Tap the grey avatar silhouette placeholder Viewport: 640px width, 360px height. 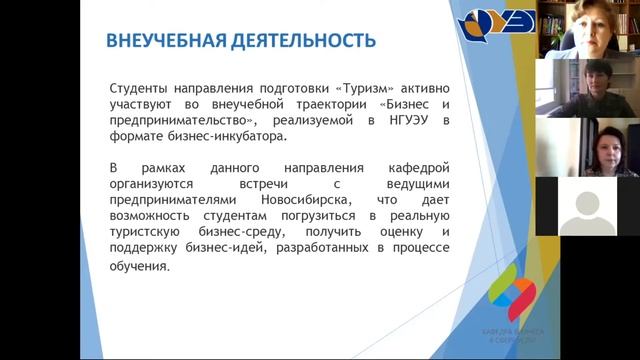(587, 206)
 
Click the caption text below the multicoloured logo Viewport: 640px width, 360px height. (509, 336)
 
